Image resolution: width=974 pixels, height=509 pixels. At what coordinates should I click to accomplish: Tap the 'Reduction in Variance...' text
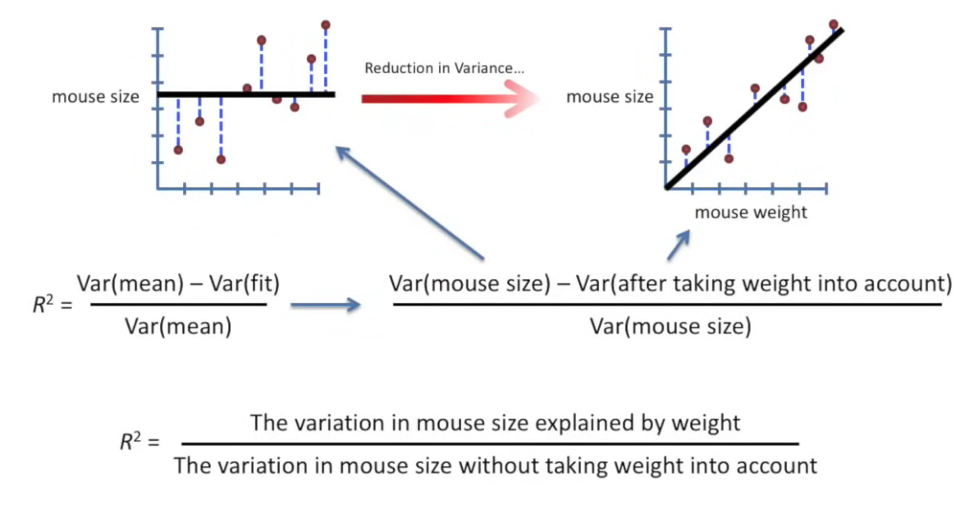coord(444,68)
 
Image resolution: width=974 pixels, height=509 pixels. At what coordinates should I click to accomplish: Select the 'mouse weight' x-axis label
coord(751,213)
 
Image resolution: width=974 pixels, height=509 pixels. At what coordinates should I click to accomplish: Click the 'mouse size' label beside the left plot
coord(95,97)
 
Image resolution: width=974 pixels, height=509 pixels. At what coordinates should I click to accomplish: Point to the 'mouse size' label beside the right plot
coord(610,97)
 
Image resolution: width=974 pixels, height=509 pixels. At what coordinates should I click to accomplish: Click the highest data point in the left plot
coord(326,25)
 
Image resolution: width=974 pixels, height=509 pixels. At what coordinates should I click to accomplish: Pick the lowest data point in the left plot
coord(221,159)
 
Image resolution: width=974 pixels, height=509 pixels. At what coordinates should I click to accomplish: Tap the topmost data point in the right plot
coord(834,25)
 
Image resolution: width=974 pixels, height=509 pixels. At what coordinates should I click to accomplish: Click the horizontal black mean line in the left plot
coord(246,94)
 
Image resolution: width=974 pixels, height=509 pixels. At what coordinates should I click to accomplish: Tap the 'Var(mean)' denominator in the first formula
coord(177,326)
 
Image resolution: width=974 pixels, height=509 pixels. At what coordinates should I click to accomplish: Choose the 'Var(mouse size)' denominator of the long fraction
coord(670,326)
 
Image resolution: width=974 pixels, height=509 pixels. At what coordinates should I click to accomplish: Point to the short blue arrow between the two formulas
coord(326,305)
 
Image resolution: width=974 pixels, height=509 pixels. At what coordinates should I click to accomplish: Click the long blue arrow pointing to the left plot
coord(410,201)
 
